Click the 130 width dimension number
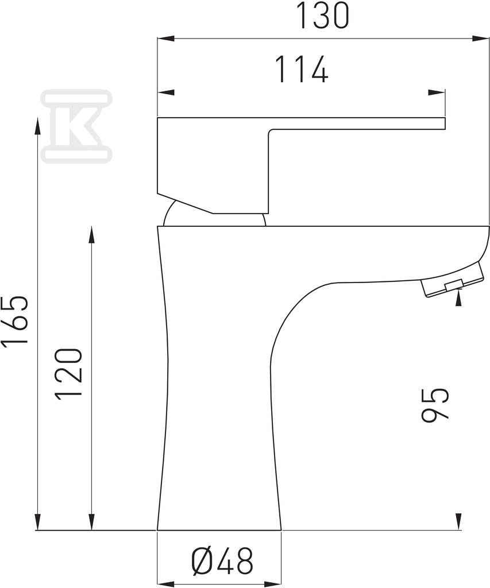click(x=322, y=15)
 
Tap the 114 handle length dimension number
click(x=302, y=69)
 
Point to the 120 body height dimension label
click(x=68, y=373)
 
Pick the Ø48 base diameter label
click(x=222, y=561)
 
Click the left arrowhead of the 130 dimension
click(x=166, y=38)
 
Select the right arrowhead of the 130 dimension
click(x=481, y=38)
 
